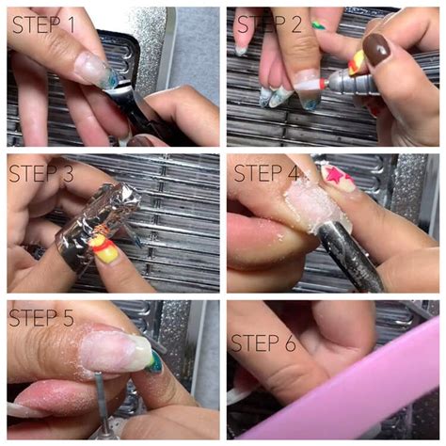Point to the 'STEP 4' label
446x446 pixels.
coord(266,174)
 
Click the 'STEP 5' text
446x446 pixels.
coord(43,317)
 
